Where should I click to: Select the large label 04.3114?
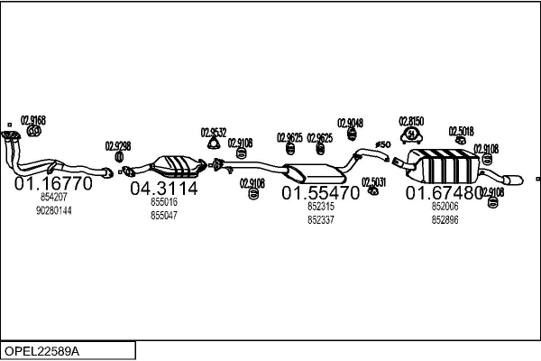coord(163,190)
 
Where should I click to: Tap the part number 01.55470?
coord(320,193)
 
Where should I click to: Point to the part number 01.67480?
coord(444,193)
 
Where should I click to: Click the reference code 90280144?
coord(53,210)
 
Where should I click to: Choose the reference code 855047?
coord(163,216)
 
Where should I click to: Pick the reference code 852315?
coord(320,207)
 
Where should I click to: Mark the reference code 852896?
coord(445,219)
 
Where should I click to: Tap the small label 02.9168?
coord(32,120)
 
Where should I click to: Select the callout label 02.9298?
coord(118,145)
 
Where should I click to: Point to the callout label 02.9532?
coord(213,131)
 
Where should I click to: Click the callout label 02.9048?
coord(351,124)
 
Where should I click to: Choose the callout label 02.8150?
coord(410,120)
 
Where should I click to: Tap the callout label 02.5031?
coord(374,181)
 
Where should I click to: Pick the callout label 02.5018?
coord(461,131)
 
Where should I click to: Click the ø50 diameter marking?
coord(381,144)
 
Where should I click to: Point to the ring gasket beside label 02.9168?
coord(34,131)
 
